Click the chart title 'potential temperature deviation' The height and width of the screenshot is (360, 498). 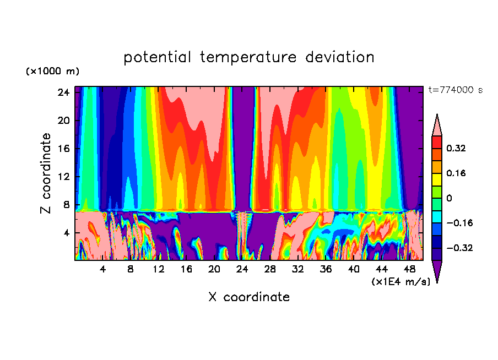(x=249, y=57)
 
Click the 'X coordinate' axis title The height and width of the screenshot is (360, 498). (x=249, y=297)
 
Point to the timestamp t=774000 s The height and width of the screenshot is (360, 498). (x=455, y=90)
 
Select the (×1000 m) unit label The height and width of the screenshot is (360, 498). (x=52, y=72)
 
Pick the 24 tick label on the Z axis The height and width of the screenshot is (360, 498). (x=63, y=92)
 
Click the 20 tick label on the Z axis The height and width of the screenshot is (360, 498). (x=63, y=121)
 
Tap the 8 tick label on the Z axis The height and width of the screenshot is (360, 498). (x=66, y=205)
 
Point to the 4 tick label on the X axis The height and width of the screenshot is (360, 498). (x=102, y=269)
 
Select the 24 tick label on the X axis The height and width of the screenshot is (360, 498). (x=242, y=269)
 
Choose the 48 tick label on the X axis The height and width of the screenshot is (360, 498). (x=409, y=269)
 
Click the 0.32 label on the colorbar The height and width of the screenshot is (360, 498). (x=458, y=148)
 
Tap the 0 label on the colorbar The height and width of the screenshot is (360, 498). (x=450, y=198)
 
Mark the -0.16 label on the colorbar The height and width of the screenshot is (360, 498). (x=459, y=223)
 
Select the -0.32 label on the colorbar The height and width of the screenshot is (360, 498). (x=459, y=248)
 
